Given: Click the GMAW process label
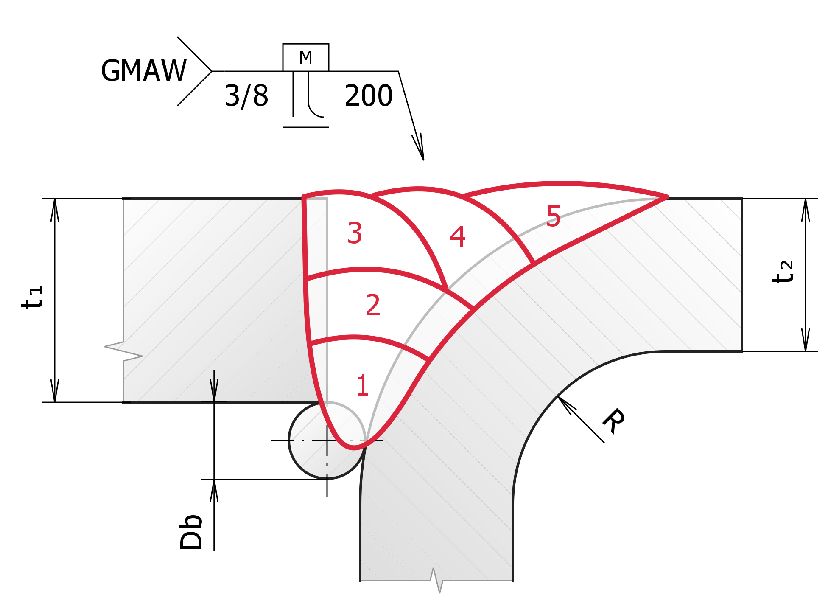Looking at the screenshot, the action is click(143, 70).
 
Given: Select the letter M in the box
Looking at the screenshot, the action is click(305, 58).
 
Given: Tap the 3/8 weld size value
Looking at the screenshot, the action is click(246, 96).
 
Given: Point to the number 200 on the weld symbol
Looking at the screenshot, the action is click(368, 95).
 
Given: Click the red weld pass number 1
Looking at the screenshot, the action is click(362, 385).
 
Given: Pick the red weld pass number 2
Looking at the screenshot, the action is click(373, 305).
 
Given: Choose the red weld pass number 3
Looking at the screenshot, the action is click(355, 233).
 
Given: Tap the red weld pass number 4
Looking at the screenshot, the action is click(458, 237).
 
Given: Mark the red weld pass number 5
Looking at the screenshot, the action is click(554, 216).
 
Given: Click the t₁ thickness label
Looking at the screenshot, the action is click(32, 297).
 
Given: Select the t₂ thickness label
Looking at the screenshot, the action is click(782, 272).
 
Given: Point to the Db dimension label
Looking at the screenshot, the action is click(191, 532).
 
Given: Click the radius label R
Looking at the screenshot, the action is click(613, 421).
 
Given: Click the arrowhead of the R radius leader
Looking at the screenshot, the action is click(566, 404).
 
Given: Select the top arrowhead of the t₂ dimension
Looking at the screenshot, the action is click(806, 210).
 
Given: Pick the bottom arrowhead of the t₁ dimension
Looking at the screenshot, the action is click(55, 390).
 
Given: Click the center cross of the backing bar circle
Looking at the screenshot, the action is click(327, 440).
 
